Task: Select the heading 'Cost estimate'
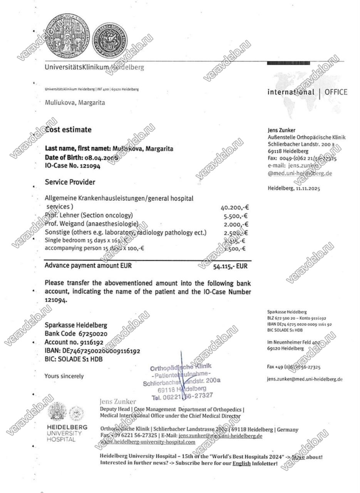point(69,130)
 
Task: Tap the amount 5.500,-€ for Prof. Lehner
point(236,216)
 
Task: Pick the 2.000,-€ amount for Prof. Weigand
point(236,225)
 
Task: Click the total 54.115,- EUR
point(230,266)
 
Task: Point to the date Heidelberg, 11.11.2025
point(293,188)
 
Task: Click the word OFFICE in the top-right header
point(336,92)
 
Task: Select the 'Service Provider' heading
point(70,182)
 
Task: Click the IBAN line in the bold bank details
point(92,351)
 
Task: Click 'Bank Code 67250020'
point(76,334)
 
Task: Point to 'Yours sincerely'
point(64,376)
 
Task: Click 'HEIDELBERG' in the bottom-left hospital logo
point(67,428)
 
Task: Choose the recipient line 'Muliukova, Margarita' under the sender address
point(75,103)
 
